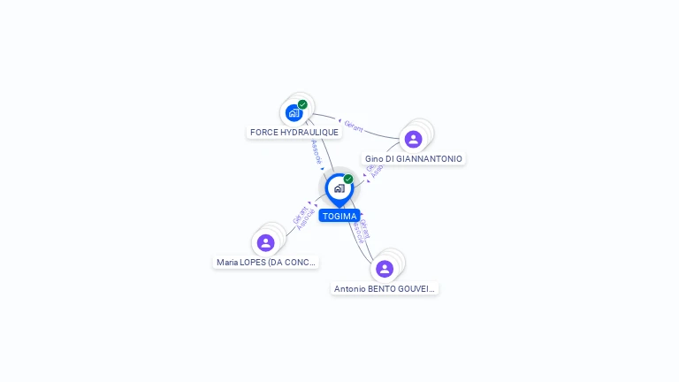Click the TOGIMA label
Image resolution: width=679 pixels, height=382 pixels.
coord(339,216)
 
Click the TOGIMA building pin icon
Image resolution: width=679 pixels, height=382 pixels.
coord(339,188)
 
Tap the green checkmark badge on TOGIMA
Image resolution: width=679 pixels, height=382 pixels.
coord(348,179)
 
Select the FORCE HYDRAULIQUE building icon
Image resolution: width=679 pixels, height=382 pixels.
coord(294,113)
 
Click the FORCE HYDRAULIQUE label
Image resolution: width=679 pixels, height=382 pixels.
coord(294,133)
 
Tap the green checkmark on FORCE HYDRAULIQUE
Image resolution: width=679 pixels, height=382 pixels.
coord(302,104)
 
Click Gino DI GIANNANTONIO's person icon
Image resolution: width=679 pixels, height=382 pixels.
coord(413,139)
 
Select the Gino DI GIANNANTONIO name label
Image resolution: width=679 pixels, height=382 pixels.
coord(414,159)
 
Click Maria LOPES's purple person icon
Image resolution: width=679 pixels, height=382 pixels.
coord(265,242)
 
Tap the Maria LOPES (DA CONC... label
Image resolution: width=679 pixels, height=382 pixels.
coord(266,263)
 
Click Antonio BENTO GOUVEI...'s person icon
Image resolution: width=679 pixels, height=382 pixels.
coord(384,268)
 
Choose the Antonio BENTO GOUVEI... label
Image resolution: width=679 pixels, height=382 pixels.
coord(385,289)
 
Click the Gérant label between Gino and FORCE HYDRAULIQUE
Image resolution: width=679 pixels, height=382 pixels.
coord(354,127)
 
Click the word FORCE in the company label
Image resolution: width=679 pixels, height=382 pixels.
coord(264,133)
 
